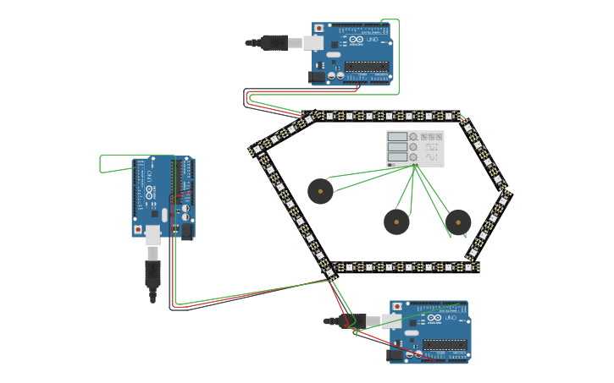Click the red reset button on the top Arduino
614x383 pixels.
(x=318, y=29)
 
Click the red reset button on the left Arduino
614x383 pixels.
(x=138, y=229)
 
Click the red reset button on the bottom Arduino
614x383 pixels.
(x=396, y=307)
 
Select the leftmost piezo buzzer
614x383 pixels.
(x=320, y=191)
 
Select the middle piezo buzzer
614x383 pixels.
(x=396, y=222)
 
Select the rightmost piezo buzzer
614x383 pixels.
(x=458, y=222)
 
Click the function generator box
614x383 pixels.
(x=415, y=149)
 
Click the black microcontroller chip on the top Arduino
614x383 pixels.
(x=366, y=66)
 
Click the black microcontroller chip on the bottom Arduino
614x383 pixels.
(x=444, y=345)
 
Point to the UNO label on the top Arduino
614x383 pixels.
(x=372, y=40)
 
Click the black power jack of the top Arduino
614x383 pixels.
(x=318, y=76)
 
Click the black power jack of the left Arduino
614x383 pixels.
(x=186, y=230)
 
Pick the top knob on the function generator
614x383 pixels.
(x=413, y=136)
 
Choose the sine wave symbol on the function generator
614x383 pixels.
(x=432, y=157)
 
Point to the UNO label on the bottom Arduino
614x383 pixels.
(x=450, y=318)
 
